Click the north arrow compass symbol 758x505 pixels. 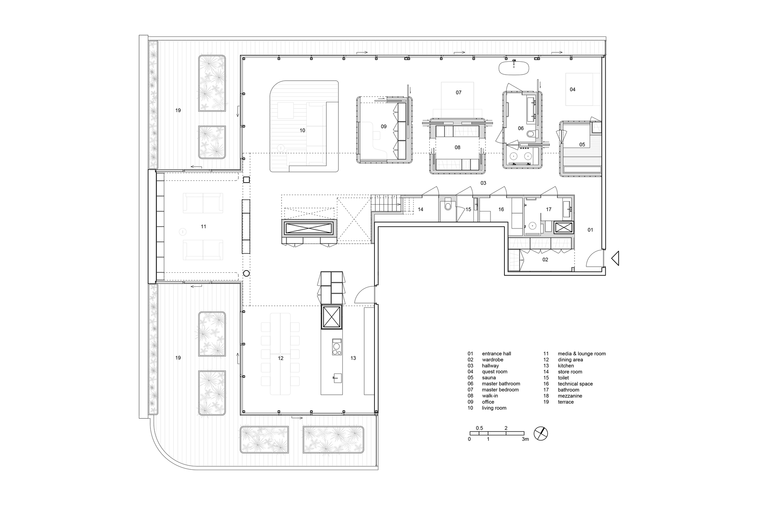pyautogui.click(x=541, y=433)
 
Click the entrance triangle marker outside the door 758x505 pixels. pyautogui.click(x=615, y=259)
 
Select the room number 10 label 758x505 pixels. pyautogui.click(x=302, y=130)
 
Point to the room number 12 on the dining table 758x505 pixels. pyautogui.click(x=280, y=358)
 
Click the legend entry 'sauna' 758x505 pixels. pyautogui.click(x=489, y=378)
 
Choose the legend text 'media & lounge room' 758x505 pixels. pyautogui.click(x=582, y=353)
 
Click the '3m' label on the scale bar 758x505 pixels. pyautogui.click(x=525, y=439)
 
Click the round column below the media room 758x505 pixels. pyautogui.click(x=246, y=273)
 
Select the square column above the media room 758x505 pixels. pyautogui.click(x=246, y=180)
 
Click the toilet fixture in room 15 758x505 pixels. pyautogui.click(x=448, y=206)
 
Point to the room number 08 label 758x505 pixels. pyautogui.click(x=457, y=147)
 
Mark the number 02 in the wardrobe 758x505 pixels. pyautogui.click(x=545, y=260)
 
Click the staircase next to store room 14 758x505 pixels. pyautogui.click(x=385, y=203)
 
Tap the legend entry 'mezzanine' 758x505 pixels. pyautogui.click(x=570, y=396)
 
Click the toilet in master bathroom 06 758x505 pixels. pyautogui.click(x=532, y=134)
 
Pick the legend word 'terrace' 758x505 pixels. pyautogui.click(x=566, y=402)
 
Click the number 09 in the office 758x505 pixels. pyautogui.click(x=384, y=127)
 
